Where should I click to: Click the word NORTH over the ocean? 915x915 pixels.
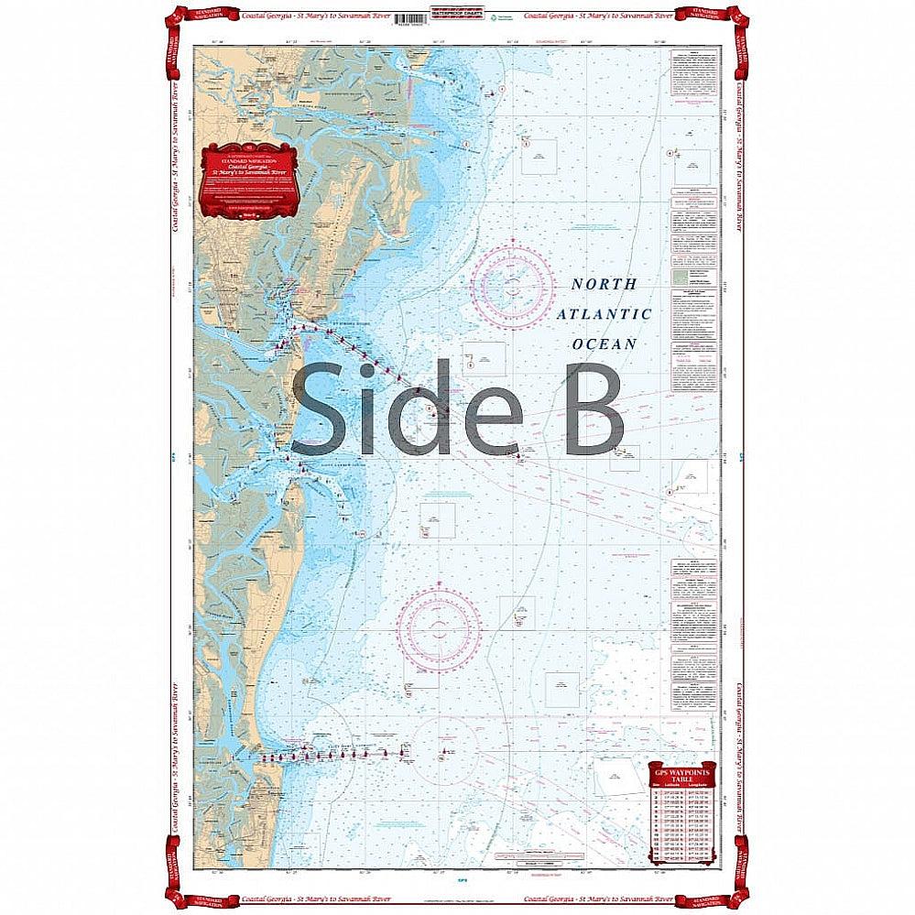click(x=600, y=285)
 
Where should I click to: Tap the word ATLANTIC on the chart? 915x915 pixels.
click(x=605, y=314)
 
